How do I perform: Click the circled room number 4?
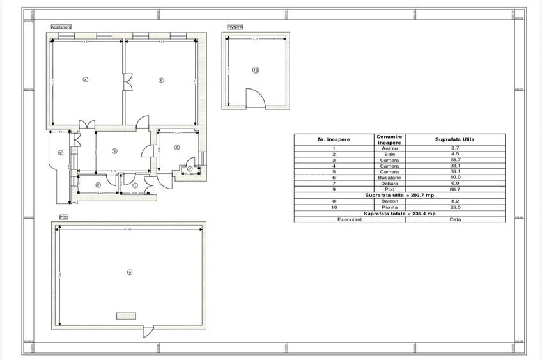(85, 79)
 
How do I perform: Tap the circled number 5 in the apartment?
(161, 80)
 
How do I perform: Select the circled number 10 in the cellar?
(256, 70)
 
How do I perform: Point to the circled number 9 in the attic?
(130, 272)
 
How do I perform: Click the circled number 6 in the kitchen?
(177, 147)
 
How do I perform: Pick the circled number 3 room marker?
(114, 152)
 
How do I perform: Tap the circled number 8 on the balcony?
(60, 152)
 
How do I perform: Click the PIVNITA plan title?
(235, 27)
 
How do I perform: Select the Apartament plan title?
(61, 27)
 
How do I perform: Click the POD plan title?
(64, 217)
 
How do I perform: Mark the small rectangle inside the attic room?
(126, 315)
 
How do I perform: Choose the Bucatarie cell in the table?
(389, 178)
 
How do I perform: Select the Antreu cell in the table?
(389, 149)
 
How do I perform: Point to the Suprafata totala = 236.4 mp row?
(399, 214)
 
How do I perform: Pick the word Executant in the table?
(350, 219)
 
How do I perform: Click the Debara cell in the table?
(389, 184)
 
